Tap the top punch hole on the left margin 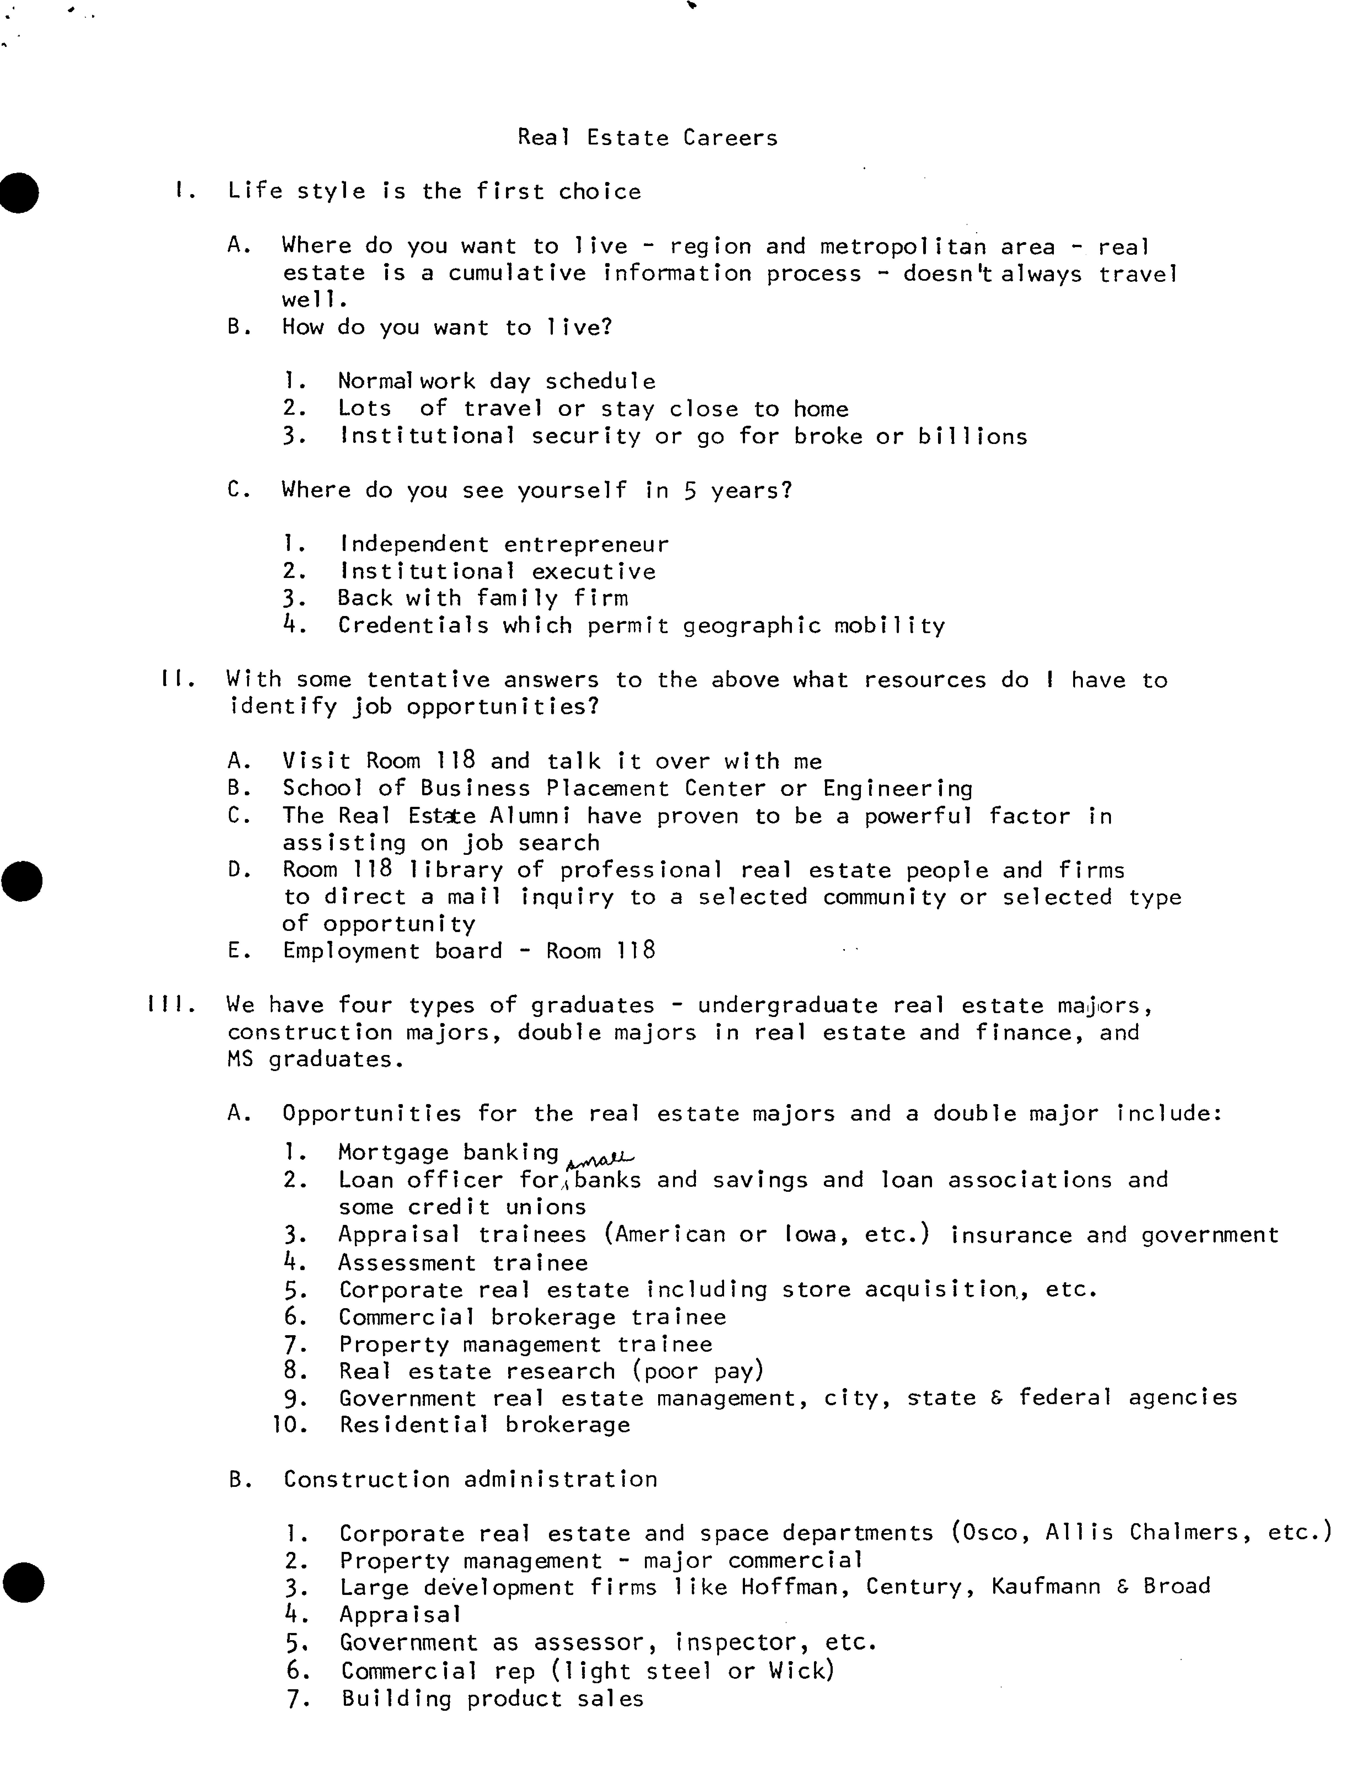coord(19,192)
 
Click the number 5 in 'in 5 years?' coord(690,491)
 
